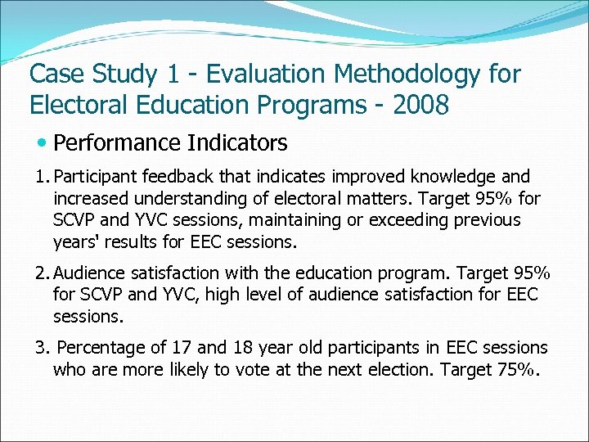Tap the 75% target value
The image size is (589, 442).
[x=517, y=369]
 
